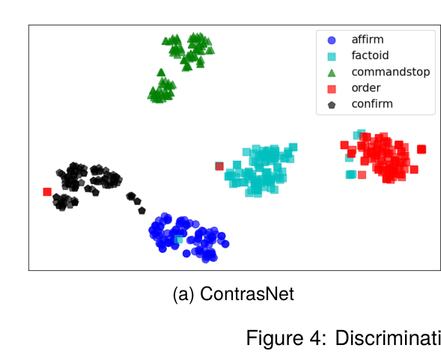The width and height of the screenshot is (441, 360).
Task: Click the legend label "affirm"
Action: click(367, 39)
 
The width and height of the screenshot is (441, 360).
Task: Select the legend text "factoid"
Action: click(370, 55)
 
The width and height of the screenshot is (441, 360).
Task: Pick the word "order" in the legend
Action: click(366, 88)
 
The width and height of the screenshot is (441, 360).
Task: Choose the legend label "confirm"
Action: click(371, 104)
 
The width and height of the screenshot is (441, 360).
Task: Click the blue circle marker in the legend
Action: click(332, 40)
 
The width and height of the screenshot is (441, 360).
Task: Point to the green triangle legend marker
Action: click(332, 72)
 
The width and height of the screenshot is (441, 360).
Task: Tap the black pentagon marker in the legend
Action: click(332, 105)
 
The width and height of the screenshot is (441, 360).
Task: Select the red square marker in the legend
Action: click(332, 88)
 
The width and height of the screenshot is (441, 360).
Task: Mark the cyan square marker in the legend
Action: click(332, 56)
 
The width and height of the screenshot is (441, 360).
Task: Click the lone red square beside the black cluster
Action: click(47, 192)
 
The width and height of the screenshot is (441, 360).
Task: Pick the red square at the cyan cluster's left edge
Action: click(219, 166)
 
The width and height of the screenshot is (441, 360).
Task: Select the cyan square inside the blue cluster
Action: click(178, 240)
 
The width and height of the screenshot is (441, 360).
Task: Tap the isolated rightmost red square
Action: click(422, 149)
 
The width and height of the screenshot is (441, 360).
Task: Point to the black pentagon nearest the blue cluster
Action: click(142, 210)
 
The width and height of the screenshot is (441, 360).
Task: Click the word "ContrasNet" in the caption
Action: click(247, 294)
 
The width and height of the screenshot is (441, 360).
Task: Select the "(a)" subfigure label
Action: click(185, 294)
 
